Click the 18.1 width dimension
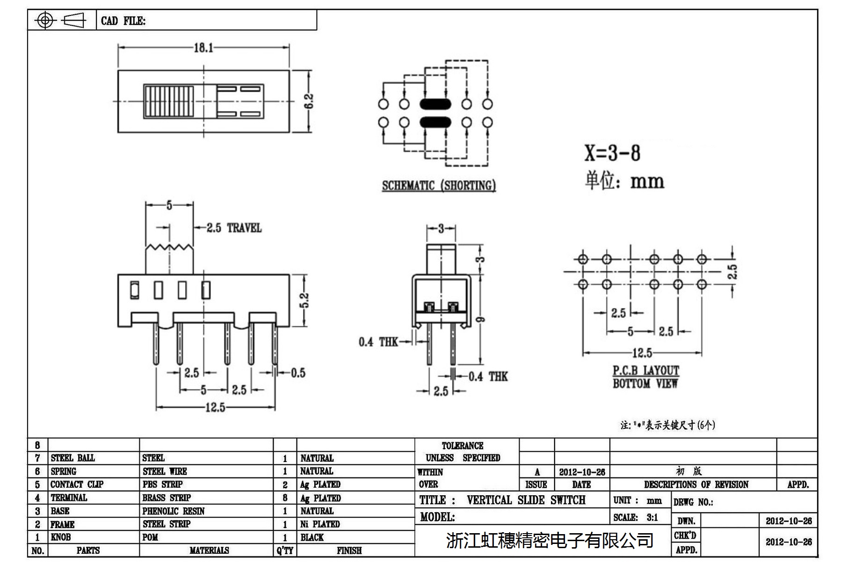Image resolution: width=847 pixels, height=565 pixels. coord(203,48)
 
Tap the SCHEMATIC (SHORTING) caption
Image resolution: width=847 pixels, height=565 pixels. coord(439,186)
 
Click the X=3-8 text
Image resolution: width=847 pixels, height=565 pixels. coord(612,153)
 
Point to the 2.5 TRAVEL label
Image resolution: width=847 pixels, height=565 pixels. coord(234,228)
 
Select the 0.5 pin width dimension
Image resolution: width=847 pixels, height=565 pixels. coord(298,373)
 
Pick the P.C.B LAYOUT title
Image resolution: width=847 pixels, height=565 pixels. coord(645,371)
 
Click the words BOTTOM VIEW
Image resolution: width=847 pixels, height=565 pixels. coord(645,384)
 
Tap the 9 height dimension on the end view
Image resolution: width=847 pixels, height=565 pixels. coord(480,319)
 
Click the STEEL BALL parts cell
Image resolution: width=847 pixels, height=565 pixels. coord(72,458)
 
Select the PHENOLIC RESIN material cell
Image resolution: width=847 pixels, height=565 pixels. coord(174,511)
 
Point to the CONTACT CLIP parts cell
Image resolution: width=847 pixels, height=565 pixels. coord(77,484)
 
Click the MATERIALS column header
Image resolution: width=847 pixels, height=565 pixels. coord(209,550)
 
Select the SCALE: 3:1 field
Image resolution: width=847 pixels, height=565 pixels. coord(636,517)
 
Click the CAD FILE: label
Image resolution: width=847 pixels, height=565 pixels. coord(123,21)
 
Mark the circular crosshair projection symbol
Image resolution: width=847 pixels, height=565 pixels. coord(45,20)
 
